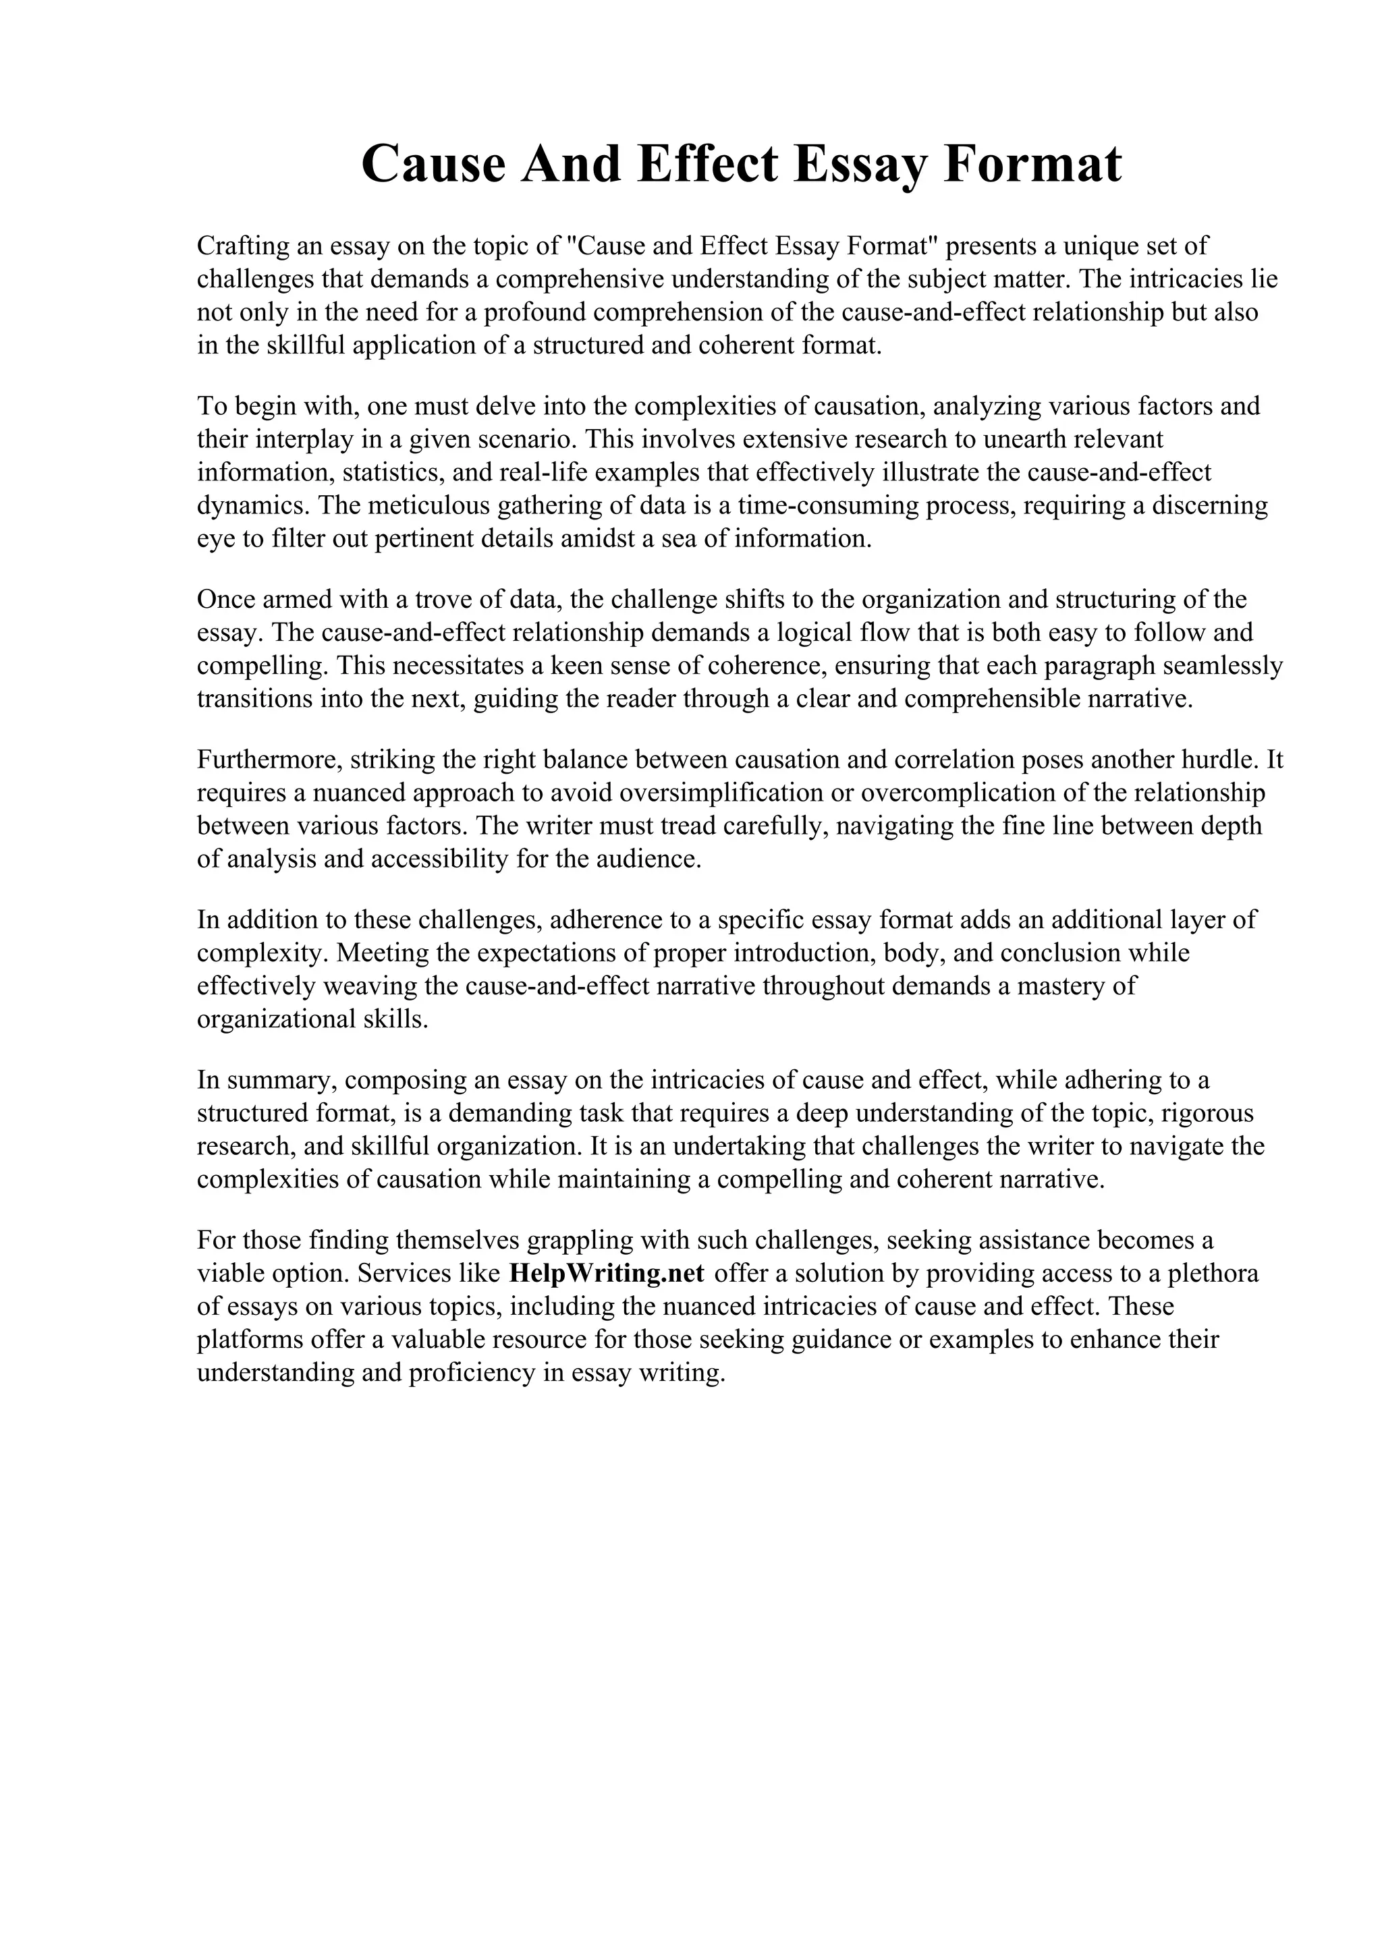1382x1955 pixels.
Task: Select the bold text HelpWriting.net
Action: (x=606, y=1273)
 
